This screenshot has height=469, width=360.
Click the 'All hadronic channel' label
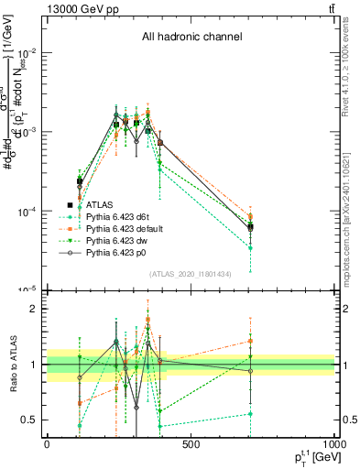click(x=191, y=38)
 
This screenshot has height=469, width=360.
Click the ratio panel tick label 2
click(x=34, y=309)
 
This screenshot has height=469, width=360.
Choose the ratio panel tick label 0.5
click(x=30, y=420)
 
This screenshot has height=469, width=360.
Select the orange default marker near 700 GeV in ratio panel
click(x=250, y=341)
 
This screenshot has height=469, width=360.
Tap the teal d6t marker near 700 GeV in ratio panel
click(x=250, y=414)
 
